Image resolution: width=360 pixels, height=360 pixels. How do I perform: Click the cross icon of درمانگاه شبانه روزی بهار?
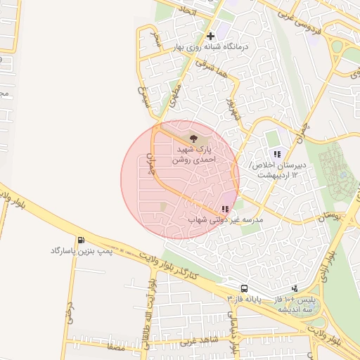[210, 36]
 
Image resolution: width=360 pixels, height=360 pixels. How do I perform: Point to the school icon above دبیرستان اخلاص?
[278, 154]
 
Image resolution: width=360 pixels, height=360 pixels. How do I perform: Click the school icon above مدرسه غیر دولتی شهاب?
[224, 209]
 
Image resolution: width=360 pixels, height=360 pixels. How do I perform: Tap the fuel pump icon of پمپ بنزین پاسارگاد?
[82, 240]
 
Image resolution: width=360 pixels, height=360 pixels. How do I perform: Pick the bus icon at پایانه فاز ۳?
[243, 288]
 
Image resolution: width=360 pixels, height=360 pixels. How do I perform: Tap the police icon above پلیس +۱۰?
[295, 288]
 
